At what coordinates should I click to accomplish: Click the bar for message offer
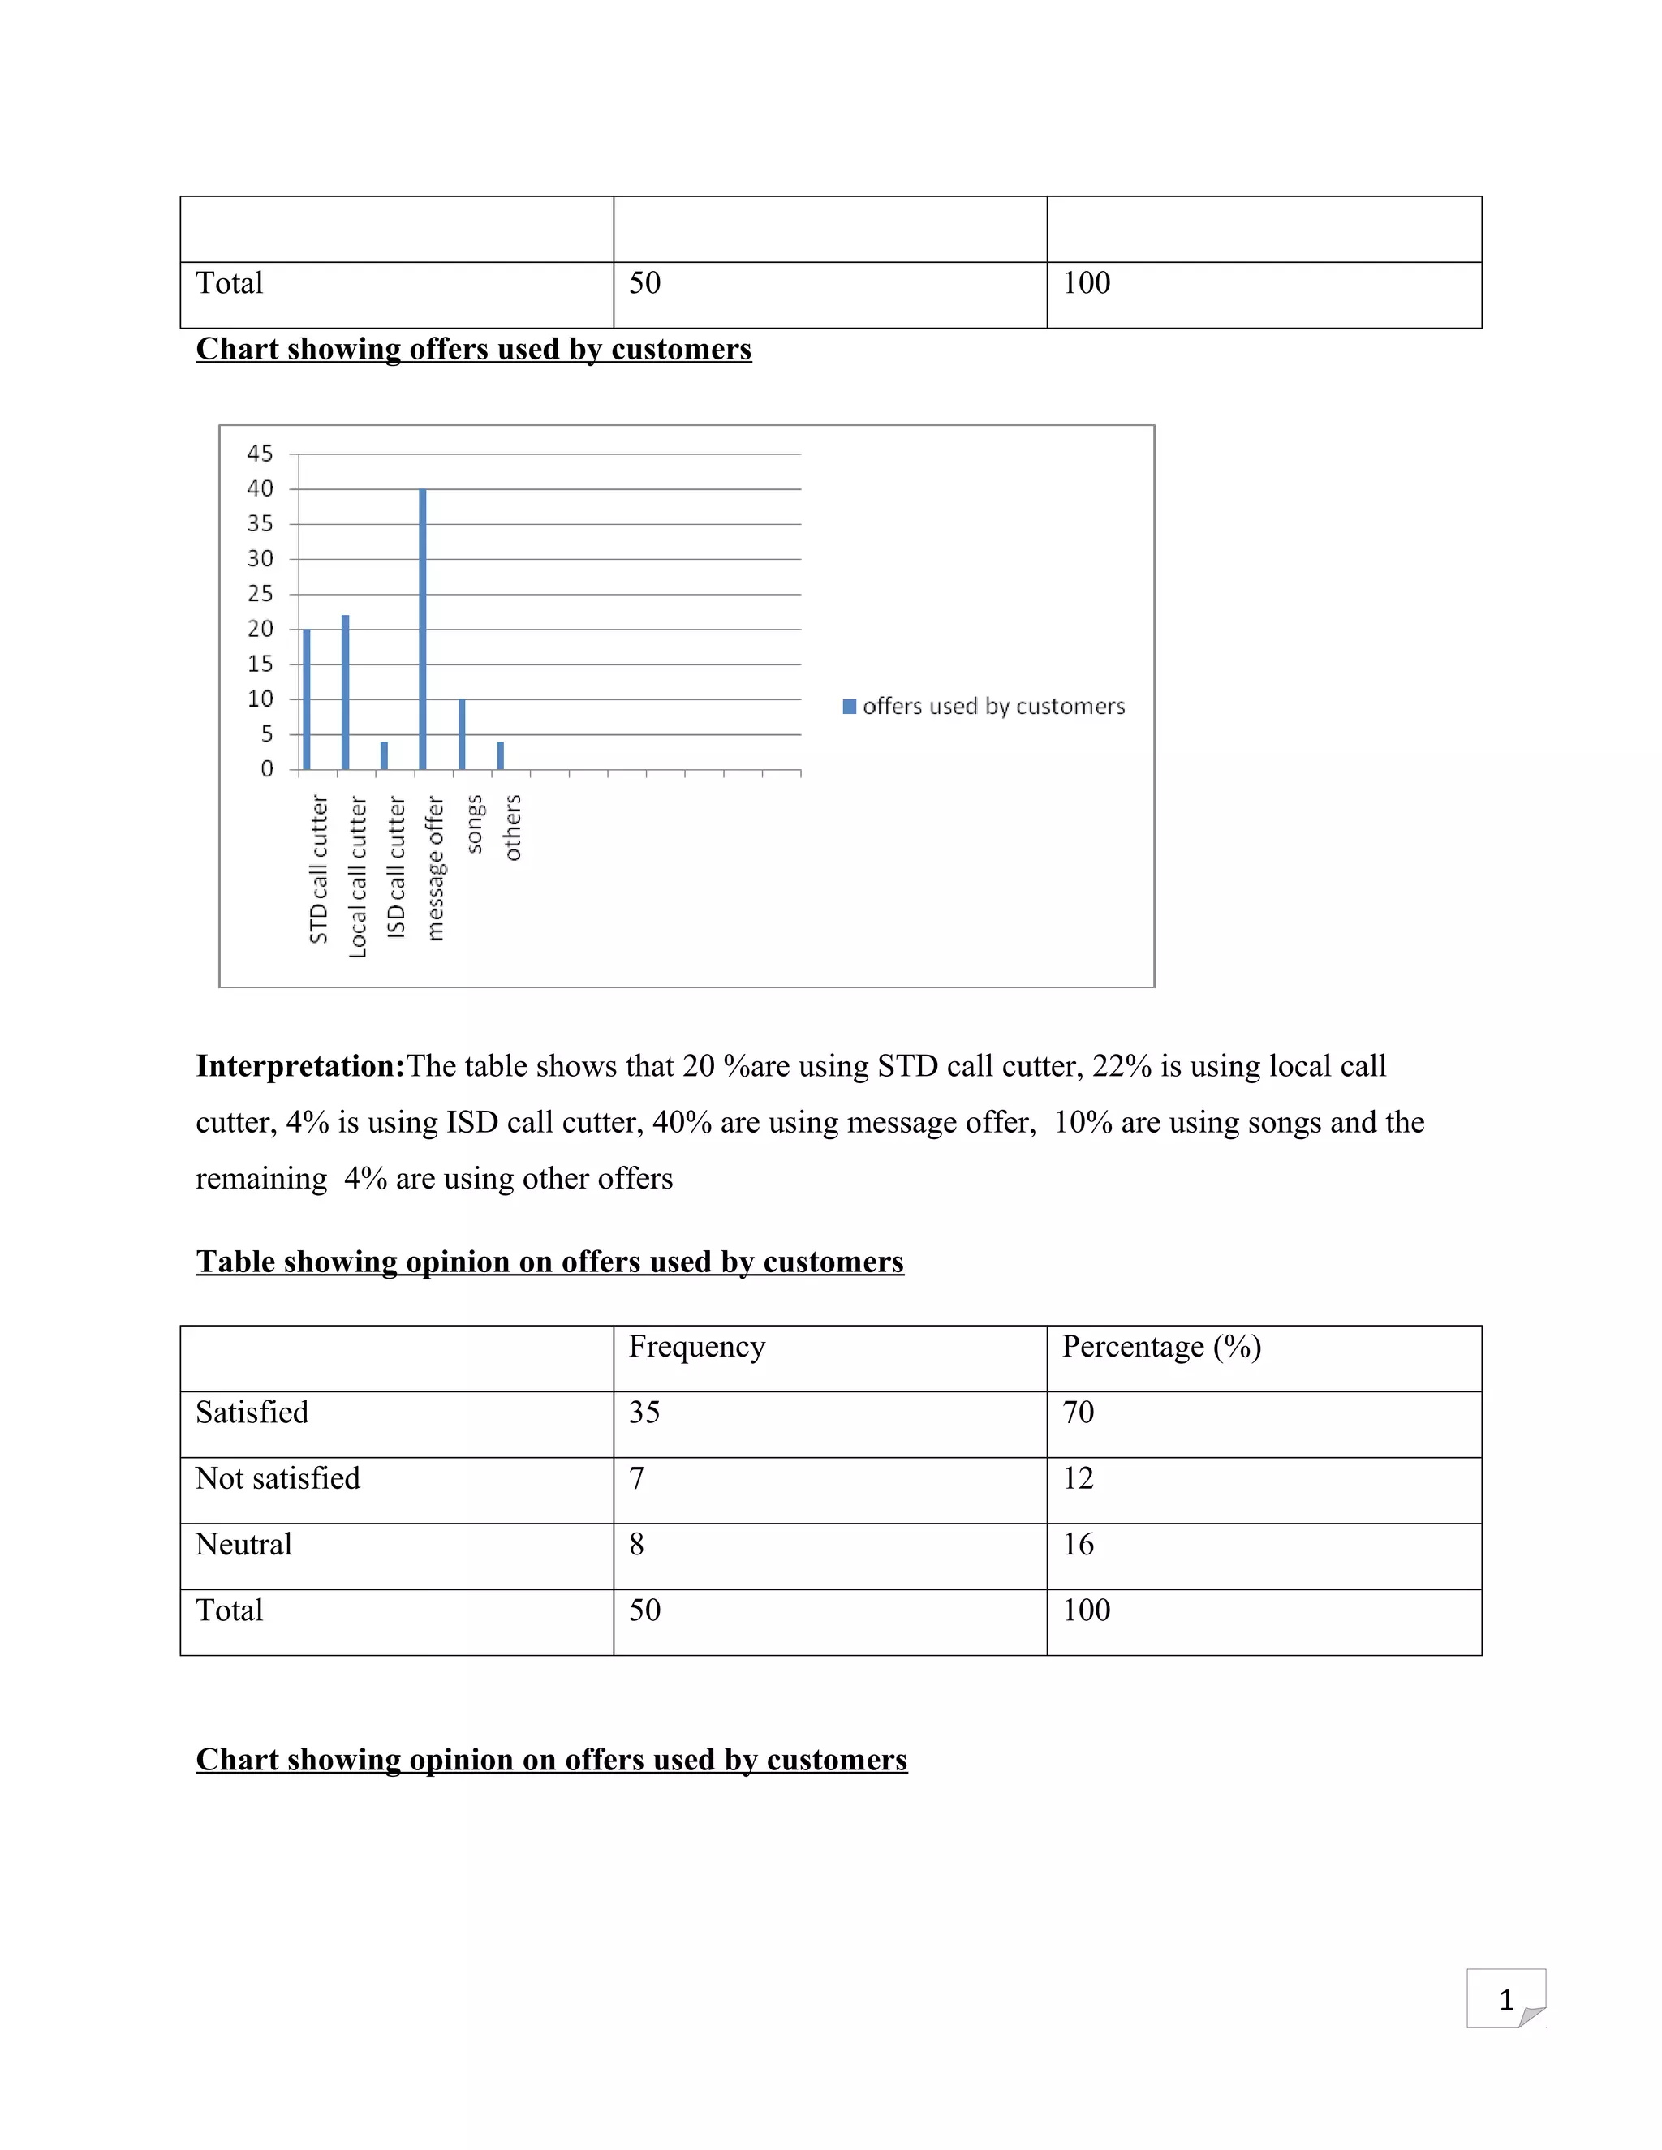422,630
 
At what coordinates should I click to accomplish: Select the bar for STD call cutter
306,699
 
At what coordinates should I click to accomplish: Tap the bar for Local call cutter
345,692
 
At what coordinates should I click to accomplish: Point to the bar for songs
462,734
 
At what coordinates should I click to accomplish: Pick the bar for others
500,755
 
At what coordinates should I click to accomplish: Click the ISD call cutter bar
384,755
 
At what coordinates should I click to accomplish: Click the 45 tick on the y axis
260,454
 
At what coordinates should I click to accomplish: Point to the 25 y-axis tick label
260,594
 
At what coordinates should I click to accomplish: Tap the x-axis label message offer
435,868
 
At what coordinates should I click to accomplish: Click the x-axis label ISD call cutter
396,868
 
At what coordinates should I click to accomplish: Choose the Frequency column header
696,1347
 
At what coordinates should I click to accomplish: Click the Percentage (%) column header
1160,1347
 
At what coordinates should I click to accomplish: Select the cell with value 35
645,1413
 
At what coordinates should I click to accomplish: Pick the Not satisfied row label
278,1478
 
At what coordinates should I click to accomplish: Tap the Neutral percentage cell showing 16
1079,1545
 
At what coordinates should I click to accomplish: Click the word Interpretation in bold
299,1066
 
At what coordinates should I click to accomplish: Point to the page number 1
1505,2001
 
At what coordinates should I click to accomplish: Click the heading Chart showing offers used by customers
474,350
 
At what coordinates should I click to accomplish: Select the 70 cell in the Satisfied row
1079,1413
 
